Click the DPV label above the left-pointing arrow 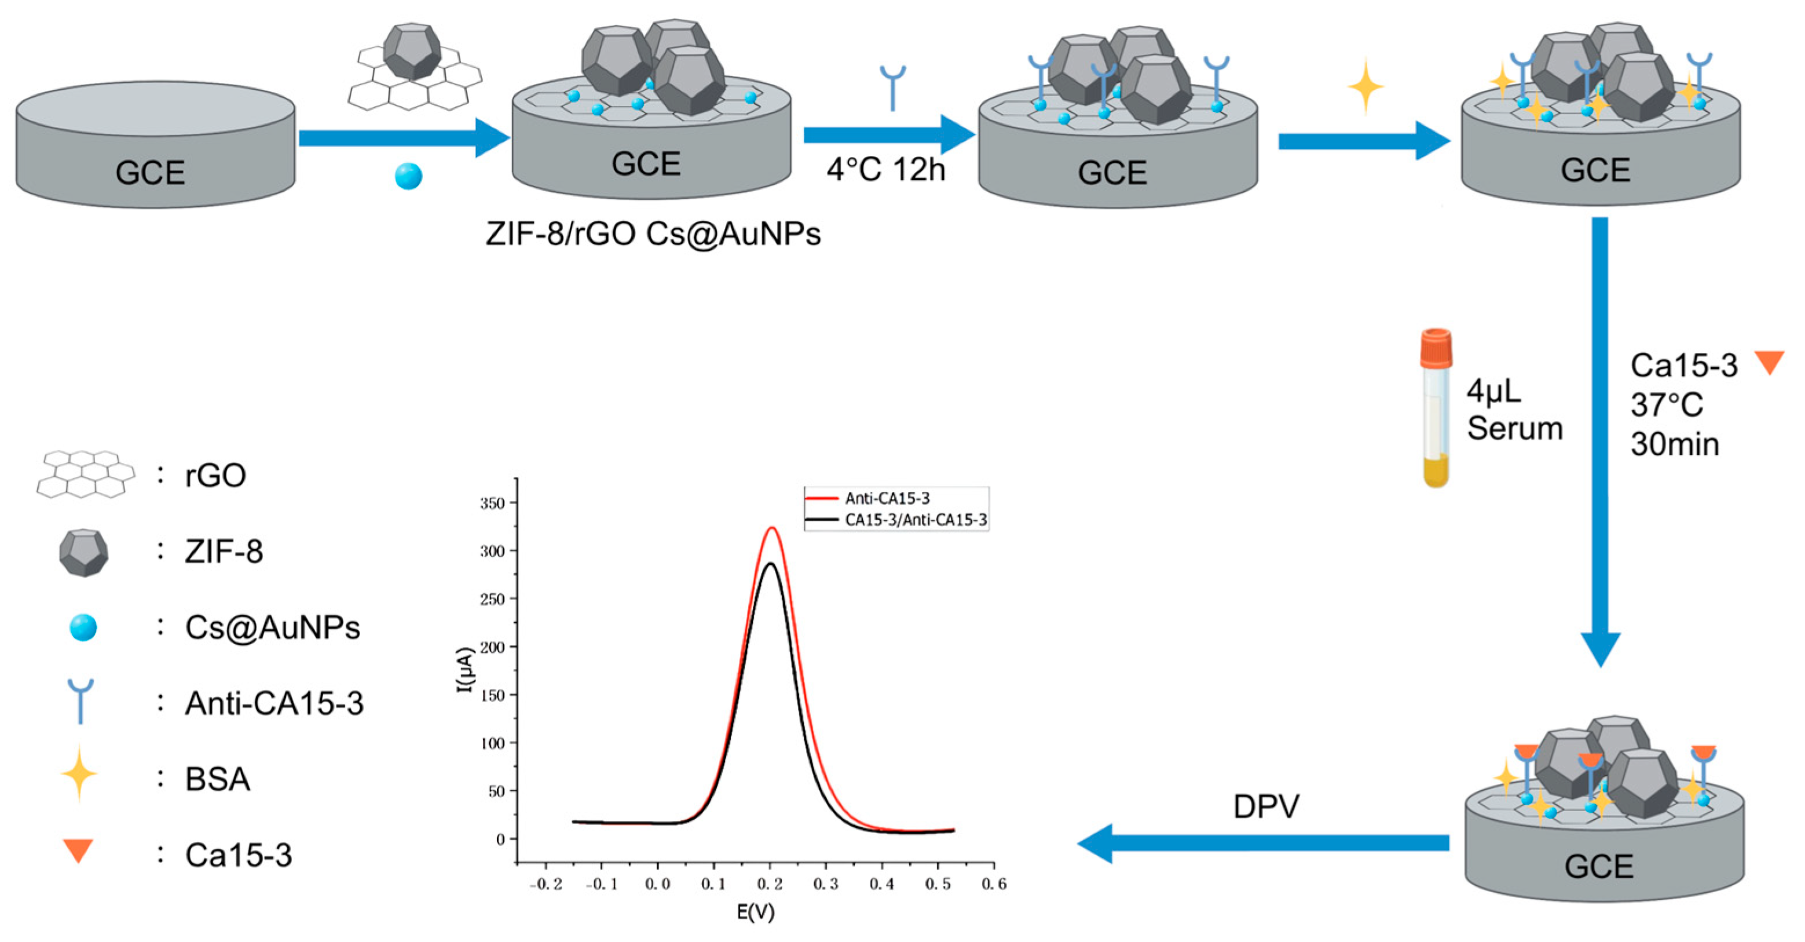coord(1265,806)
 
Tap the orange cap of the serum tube coord(1436,346)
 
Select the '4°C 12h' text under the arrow coord(885,170)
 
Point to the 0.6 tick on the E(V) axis coord(994,885)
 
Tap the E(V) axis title coord(755,912)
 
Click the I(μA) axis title coord(465,669)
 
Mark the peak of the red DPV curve coord(772,528)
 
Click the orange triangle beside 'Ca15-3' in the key coord(78,850)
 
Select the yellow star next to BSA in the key coord(79,774)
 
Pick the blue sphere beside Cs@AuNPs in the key coord(83,627)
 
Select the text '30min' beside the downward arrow coord(1675,444)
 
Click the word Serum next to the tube coord(1515,428)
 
